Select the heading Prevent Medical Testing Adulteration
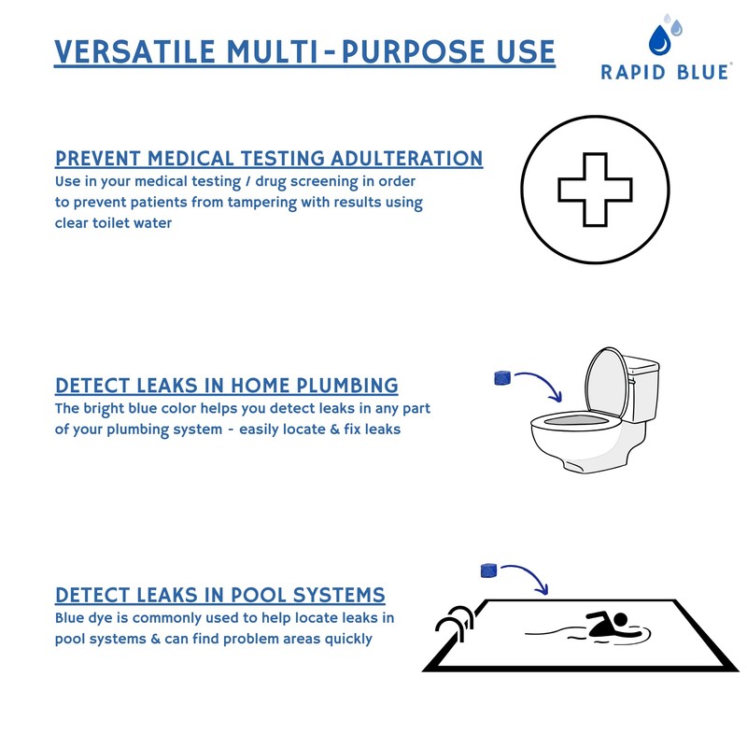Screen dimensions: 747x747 pyautogui.click(x=269, y=158)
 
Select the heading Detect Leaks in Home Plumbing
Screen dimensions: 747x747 pyautogui.click(x=227, y=386)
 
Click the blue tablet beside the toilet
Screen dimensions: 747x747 pyautogui.click(x=500, y=378)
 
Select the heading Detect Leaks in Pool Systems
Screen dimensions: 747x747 pyautogui.click(x=220, y=595)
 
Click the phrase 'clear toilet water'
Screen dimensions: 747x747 pyautogui.click(x=113, y=223)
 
